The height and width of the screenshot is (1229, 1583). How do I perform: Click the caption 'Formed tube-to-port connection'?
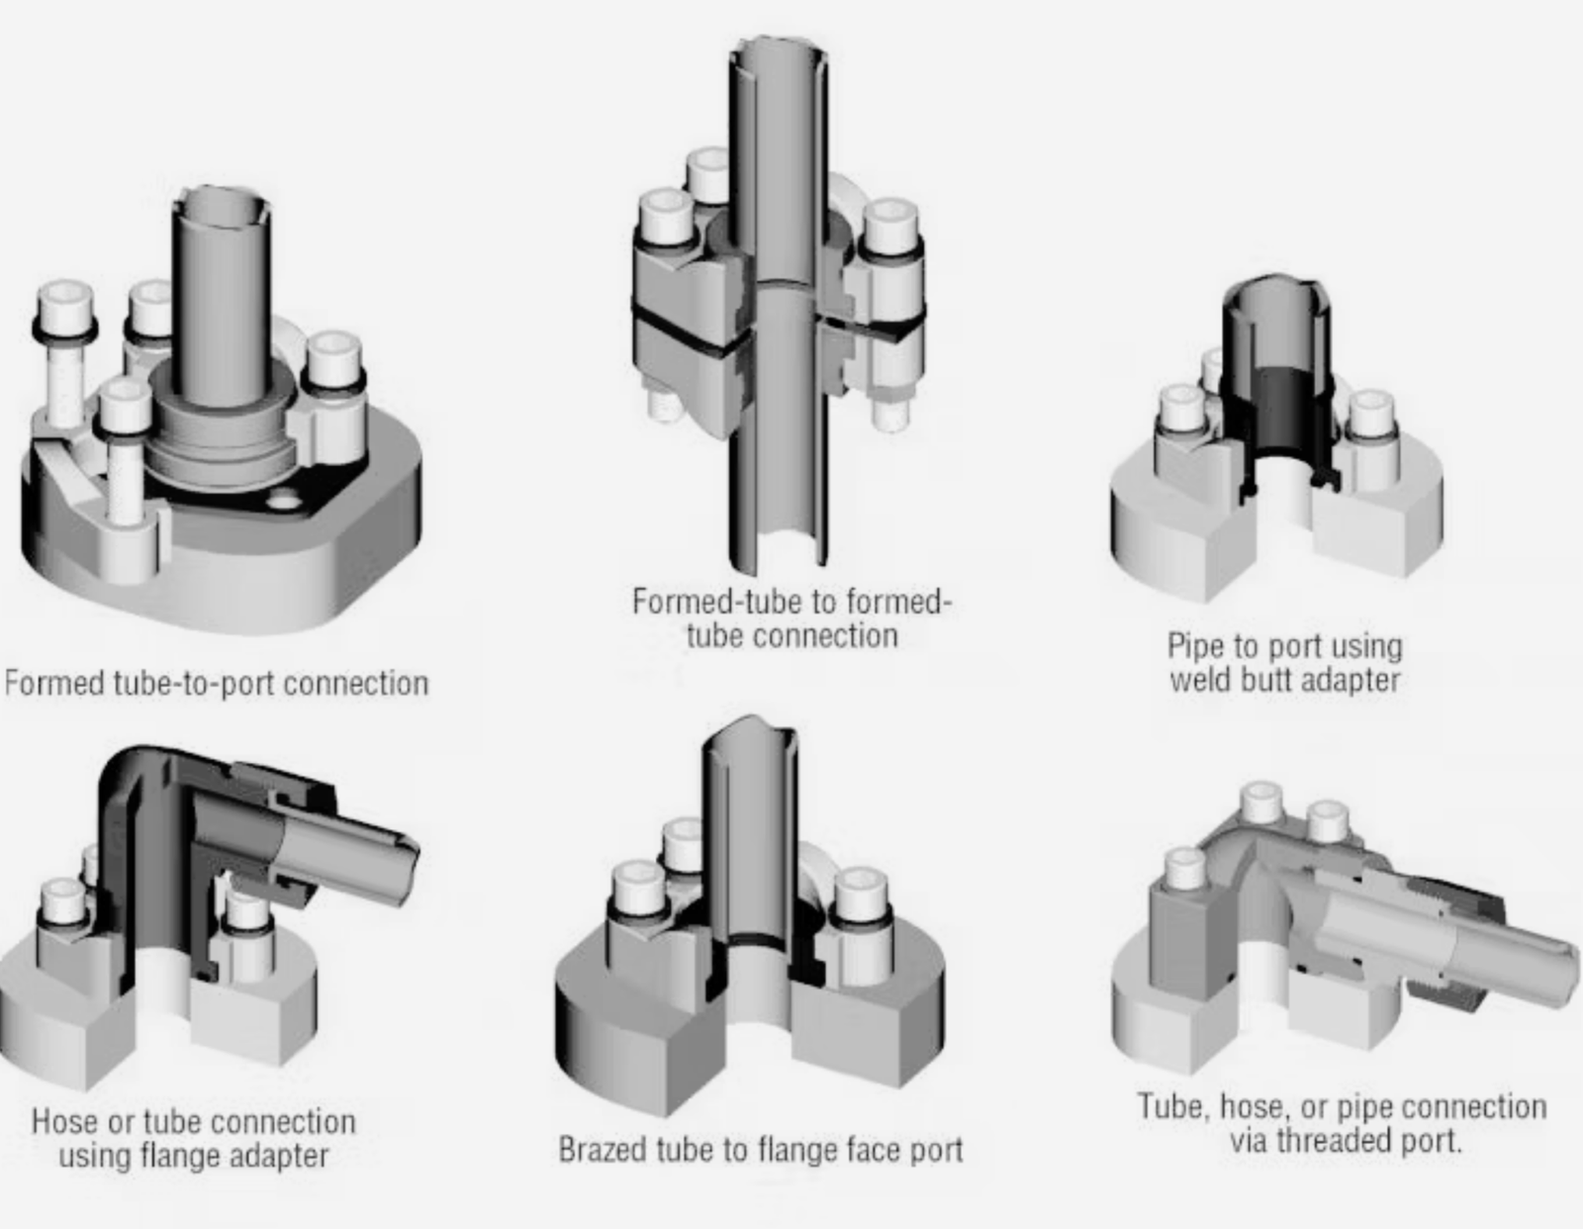tap(216, 684)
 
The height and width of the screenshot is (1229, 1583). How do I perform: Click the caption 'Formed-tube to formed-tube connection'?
tap(791, 618)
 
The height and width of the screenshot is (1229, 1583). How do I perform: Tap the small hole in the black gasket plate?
tap(285, 503)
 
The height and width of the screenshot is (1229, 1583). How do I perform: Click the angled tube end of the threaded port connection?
tap(1558, 970)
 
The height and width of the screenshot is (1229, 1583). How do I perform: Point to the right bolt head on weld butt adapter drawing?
tap(1372, 414)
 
